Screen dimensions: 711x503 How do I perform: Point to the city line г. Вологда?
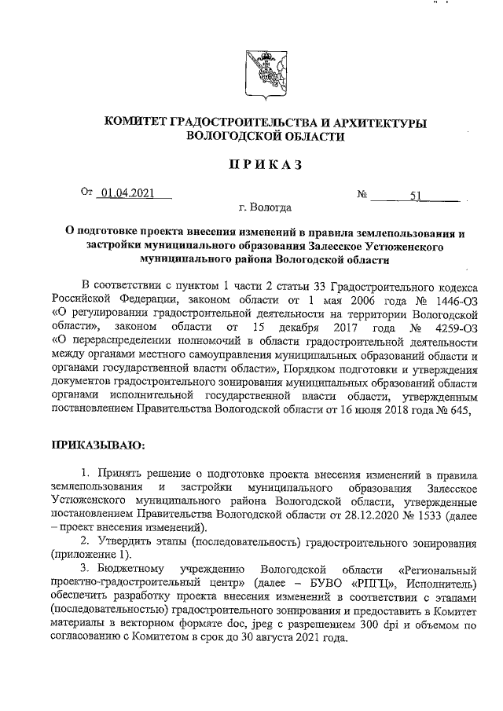coord(265,208)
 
